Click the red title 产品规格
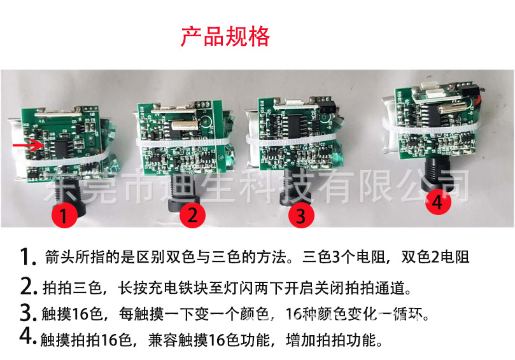225,36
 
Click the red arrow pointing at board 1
25,146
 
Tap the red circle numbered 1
64,215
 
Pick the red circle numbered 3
301,215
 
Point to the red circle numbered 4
436,202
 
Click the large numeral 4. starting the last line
26,336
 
